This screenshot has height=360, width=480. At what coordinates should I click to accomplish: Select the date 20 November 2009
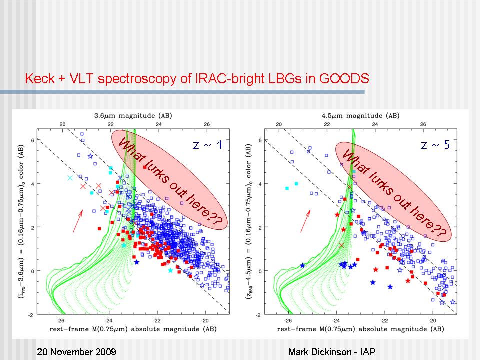point(77,352)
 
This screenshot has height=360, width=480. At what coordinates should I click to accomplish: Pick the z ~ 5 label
point(435,145)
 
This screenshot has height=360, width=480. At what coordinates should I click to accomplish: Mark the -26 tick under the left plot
point(61,320)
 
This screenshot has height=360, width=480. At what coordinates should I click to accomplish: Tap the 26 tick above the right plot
point(423,124)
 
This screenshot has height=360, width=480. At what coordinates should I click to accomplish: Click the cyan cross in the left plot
point(70,178)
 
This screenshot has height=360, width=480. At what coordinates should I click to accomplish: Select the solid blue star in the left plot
point(136,262)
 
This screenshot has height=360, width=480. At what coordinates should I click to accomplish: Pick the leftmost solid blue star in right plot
point(302,265)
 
